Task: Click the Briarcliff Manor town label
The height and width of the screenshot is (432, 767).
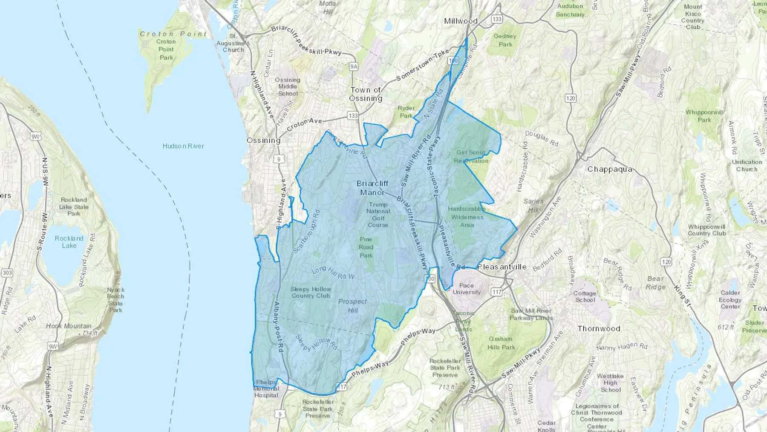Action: click(x=372, y=188)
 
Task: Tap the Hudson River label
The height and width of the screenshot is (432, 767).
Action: click(x=183, y=146)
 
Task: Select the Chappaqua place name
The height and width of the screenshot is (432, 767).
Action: click(x=610, y=169)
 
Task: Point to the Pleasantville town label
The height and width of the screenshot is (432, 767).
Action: click(x=502, y=267)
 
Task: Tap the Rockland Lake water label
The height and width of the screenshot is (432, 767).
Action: click(x=69, y=242)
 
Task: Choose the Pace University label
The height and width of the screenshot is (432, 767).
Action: click(x=467, y=289)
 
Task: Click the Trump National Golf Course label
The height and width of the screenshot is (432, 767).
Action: click(x=378, y=215)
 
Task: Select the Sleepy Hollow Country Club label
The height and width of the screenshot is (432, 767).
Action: click(x=311, y=292)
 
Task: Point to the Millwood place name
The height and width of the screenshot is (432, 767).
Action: click(x=461, y=21)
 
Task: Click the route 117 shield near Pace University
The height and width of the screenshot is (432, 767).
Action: click(x=496, y=292)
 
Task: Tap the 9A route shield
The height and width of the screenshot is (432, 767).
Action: click(x=353, y=67)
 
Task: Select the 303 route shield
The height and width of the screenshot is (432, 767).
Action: click(x=7, y=273)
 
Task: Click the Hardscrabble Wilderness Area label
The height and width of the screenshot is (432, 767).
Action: click(x=467, y=217)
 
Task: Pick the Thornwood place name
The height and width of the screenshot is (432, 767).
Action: click(x=599, y=328)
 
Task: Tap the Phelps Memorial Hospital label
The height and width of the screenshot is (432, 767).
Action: click(x=266, y=389)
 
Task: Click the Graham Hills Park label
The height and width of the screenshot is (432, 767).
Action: click(x=501, y=343)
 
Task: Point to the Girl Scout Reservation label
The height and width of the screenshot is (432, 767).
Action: click(x=471, y=157)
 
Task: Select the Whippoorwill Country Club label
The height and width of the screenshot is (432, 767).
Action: click(x=706, y=230)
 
